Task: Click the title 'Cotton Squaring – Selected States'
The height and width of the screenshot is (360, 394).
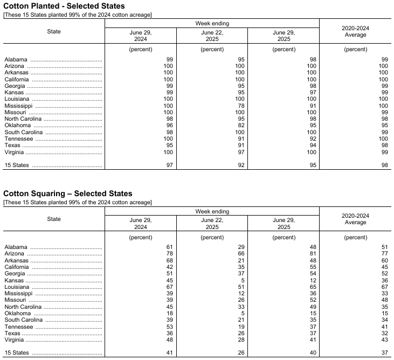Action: [67, 193]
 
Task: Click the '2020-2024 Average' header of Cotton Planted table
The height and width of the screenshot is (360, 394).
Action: [355, 31]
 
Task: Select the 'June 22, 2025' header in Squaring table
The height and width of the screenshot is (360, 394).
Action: [212, 223]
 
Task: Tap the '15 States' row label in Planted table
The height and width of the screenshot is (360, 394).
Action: [16, 165]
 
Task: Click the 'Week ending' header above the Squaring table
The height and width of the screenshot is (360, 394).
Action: [212, 211]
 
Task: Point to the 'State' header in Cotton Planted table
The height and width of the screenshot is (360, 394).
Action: [54, 31]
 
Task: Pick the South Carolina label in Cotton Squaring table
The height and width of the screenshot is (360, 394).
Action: [24, 320]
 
